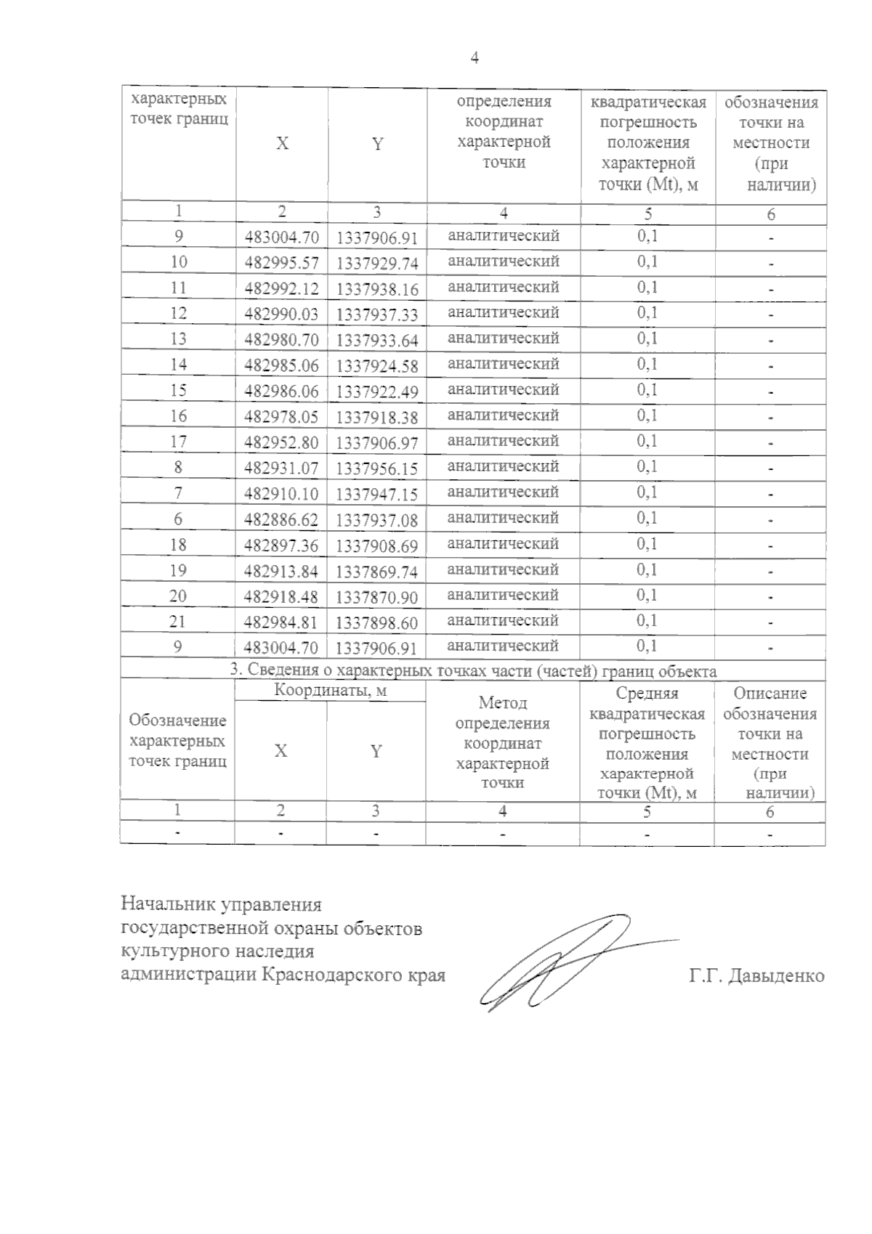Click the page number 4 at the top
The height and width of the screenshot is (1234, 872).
[x=475, y=59]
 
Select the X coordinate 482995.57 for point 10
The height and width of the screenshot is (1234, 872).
[x=282, y=262]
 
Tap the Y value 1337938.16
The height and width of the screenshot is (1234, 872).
[x=377, y=289]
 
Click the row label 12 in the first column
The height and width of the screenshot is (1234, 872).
[x=178, y=313]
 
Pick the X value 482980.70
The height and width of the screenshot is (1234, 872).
[x=282, y=339]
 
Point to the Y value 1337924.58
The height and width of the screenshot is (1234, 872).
[x=377, y=366]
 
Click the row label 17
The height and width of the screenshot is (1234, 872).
[x=178, y=442]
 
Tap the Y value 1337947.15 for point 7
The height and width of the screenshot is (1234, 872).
[x=377, y=495]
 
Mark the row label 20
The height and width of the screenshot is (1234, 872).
[x=178, y=596]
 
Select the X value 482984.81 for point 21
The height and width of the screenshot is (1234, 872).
[x=282, y=622]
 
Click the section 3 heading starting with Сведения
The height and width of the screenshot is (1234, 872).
[x=473, y=670]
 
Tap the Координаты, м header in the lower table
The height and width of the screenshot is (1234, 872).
[x=331, y=690]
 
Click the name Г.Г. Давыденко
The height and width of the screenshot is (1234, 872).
[x=756, y=975]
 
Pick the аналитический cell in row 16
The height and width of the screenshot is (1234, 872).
[x=503, y=415]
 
